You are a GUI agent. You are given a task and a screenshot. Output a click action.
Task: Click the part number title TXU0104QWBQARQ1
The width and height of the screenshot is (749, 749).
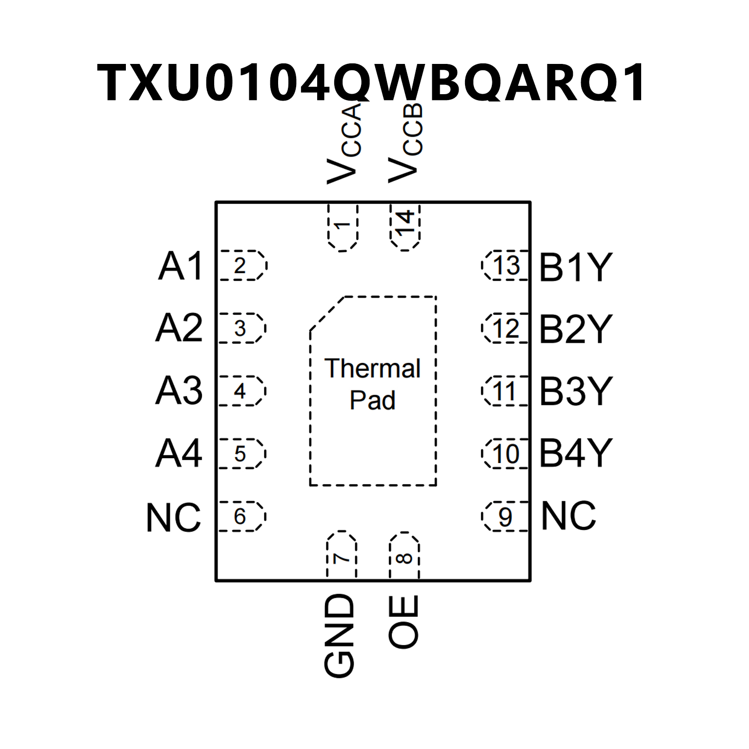click(x=372, y=82)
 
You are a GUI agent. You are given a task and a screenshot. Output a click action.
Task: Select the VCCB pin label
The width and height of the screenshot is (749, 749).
click(x=405, y=144)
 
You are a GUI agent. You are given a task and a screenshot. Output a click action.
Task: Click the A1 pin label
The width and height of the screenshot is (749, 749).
click(x=180, y=266)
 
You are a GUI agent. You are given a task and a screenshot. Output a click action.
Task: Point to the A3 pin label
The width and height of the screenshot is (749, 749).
click(x=179, y=391)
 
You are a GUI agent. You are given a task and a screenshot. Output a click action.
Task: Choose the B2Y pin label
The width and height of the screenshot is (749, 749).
click(x=575, y=329)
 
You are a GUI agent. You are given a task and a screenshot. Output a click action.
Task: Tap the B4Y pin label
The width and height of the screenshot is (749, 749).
click(x=575, y=453)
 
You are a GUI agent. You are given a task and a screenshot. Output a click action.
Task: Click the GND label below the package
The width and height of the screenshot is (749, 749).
click(x=339, y=635)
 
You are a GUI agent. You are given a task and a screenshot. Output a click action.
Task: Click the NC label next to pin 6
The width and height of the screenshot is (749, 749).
click(x=174, y=517)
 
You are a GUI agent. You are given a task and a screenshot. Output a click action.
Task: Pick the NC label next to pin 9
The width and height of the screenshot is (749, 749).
click(x=568, y=516)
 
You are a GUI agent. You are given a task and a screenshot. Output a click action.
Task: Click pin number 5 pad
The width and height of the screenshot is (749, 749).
click(x=241, y=454)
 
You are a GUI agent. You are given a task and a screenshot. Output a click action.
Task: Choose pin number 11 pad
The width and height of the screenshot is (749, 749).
click(x=506, y=391)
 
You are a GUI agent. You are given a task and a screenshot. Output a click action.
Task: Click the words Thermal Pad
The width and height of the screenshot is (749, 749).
click(x=372, y=384)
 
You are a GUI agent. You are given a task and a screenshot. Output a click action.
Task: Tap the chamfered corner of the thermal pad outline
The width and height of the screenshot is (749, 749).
click(x=327, y=313)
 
